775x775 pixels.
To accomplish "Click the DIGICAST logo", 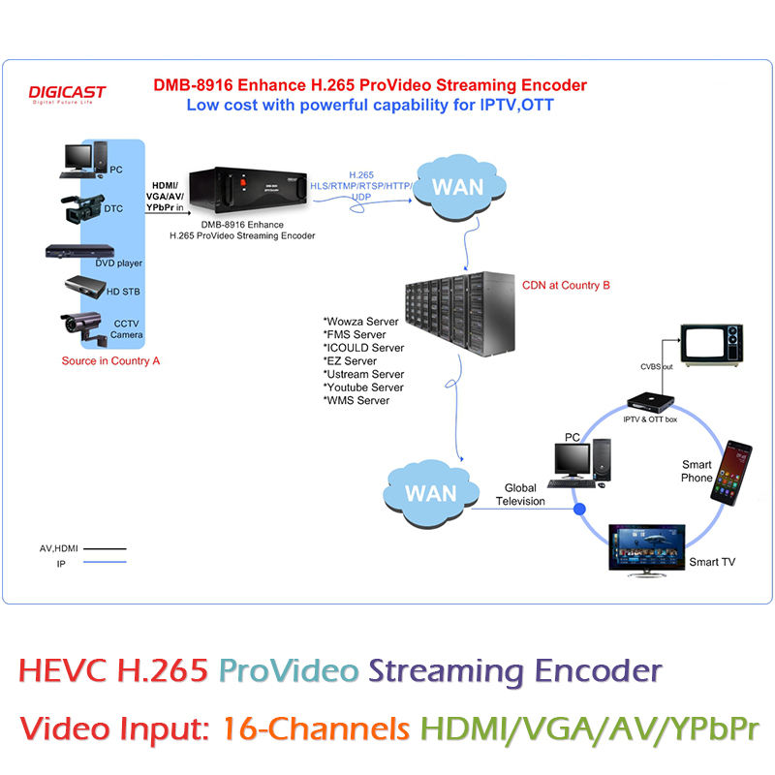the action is pos(67,93).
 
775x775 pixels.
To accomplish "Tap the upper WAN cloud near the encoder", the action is pos(459,187).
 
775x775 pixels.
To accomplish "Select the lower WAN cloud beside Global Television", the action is pos(431,493).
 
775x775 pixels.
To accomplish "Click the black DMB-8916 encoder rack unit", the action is pos(248,190).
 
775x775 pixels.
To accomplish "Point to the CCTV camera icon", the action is pos(83,327).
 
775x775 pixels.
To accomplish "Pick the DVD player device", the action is pos(79,251).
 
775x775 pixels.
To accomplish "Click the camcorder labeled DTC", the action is pos(82,208).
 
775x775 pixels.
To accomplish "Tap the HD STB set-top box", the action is pos(85,286).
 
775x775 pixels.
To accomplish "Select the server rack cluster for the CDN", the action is pos(459,313).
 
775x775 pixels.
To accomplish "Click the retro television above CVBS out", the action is pos(711,345).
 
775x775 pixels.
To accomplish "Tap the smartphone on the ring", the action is pos(731,473).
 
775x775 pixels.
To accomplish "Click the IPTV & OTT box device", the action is pos(650,402).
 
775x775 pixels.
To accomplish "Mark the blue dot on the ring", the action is pos(579,509).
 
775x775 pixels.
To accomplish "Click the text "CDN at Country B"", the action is pos(566,285).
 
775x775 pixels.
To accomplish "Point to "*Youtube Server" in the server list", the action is pos(363,387).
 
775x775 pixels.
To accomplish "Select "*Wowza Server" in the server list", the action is pos(360,322).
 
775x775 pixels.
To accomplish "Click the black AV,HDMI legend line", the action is pos(105,548).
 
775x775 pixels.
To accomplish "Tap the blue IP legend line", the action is pos(105,562).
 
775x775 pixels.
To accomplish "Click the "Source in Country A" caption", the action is pos(110,360).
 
